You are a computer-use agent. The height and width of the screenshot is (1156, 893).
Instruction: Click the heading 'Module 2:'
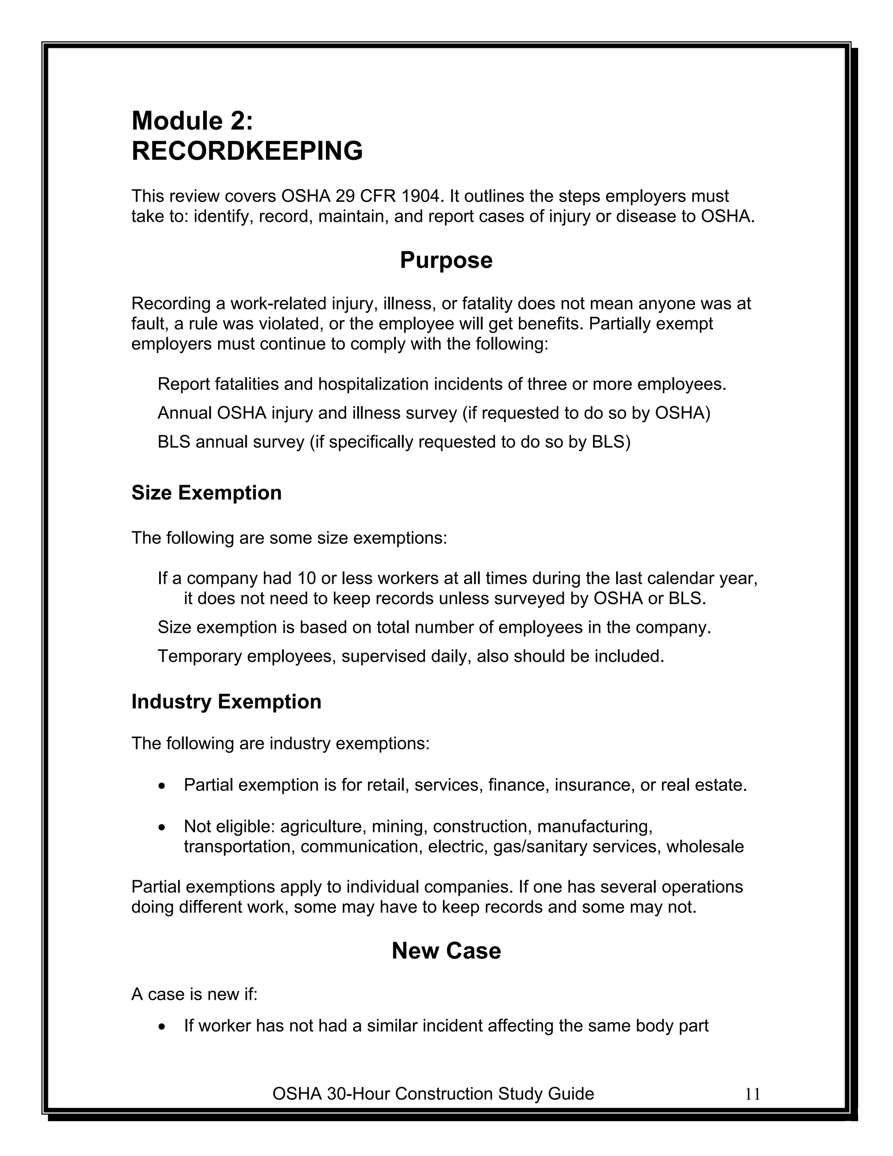192,121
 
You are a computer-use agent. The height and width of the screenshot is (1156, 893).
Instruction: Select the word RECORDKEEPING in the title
247,151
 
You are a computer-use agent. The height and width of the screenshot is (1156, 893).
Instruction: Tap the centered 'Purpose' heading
446,260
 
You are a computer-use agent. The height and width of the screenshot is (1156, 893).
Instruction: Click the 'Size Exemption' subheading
206,493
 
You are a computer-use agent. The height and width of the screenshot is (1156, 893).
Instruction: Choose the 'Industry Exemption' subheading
226,702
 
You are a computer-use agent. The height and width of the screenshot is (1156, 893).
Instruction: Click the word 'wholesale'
705,847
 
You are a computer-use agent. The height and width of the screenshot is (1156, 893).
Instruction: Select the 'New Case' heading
446,951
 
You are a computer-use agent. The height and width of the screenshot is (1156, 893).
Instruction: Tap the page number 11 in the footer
752,1094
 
